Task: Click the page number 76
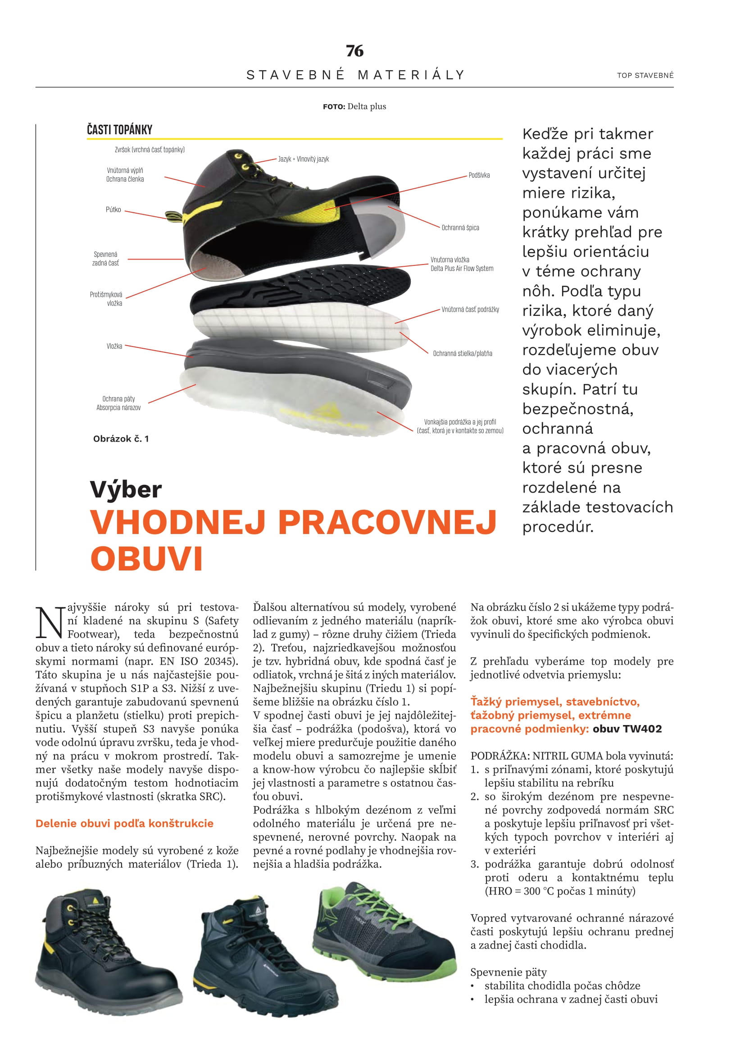(x=354, y=50)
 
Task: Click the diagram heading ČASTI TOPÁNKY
(x=119, y=130)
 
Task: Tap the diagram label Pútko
(x=114, y=210)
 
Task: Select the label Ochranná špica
(x=460, y=228)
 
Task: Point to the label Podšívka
(x=479, y=175)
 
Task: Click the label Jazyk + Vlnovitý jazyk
(x=304, y=159)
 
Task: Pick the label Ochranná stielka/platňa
(x=463, y=353)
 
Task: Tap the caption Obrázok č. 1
(x=121, y=439)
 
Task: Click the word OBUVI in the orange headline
(x=147, y=559)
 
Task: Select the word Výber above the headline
(x=126, y=489)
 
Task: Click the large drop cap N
(x=49, y=623)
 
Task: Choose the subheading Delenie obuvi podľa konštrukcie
(x=124, y=823)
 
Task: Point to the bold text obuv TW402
(x=627, y=729)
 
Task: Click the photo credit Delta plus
(x=367, y=106)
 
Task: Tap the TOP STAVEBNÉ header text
(x=645, y=75)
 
